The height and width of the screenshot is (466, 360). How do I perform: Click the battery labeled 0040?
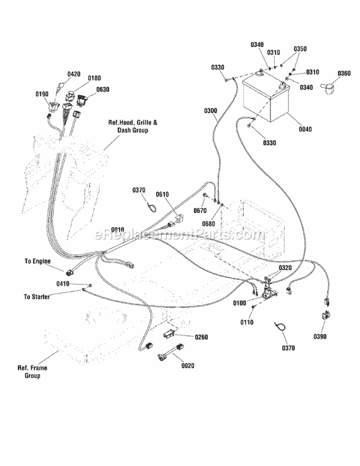266,98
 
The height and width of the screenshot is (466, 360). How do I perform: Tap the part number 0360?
344,73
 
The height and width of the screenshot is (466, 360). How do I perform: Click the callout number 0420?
73,74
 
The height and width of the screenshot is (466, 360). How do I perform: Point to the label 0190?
42,94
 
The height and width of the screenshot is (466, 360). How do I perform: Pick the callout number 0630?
102,89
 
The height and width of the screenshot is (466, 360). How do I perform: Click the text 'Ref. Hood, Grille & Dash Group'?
133,126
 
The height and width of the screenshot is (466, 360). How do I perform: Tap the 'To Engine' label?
37,261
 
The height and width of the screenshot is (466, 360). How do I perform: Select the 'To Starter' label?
37,296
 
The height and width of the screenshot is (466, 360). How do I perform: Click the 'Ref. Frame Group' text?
32,371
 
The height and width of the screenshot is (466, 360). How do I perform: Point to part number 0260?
202,337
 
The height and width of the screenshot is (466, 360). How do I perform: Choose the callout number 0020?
188,366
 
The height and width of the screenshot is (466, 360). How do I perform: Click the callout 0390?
320,336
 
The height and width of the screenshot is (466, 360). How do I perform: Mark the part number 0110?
247,322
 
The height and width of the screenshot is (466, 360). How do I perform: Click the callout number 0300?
211,110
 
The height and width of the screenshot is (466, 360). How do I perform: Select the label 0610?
162,195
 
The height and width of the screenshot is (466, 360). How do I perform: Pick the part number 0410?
63,284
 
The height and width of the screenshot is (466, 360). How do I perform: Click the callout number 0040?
305,129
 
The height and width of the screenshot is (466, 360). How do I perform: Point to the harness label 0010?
118,230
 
